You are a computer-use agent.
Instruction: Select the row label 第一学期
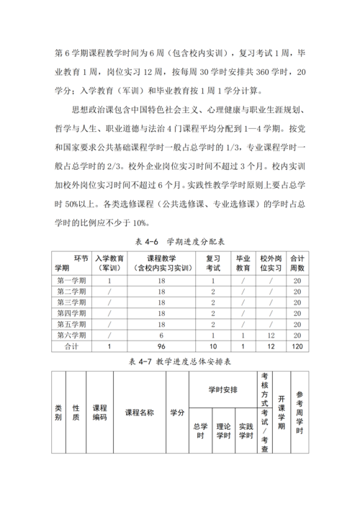[x=71, y=280]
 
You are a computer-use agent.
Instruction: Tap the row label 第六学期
[x=71, y=335]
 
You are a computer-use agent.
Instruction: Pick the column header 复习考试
[x=213, y=263]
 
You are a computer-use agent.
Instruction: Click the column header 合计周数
[x=297, y=263]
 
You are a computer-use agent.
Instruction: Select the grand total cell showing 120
[x=297, y=346]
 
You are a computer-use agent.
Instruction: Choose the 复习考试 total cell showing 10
[x=213, y=346]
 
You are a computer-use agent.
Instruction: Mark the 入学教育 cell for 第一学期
[x=109, y=280]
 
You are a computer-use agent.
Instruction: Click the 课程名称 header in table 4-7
[x=140, y=413]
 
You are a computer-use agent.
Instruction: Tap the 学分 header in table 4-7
[x=177, y=413]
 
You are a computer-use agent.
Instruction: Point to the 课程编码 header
[x=99, y=413]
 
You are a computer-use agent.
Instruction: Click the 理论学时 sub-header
[x=223, y=434]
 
